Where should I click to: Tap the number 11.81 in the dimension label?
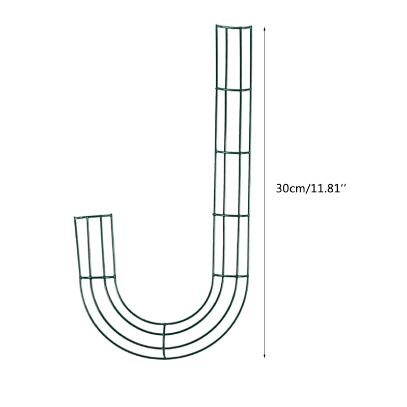[324, 188]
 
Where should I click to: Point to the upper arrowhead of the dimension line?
[265, 30]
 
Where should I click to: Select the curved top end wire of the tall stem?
[233, 25]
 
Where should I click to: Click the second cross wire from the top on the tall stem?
[234, 89]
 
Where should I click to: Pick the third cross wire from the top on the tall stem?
[231, 152]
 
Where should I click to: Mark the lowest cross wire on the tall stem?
[230, 276]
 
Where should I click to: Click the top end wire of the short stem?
[93, 217]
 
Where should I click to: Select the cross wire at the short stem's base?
[97, 278]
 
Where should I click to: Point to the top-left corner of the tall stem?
[216, 24]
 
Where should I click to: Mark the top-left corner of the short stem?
[74, 218]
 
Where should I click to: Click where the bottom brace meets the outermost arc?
[164, 357]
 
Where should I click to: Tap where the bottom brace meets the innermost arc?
[164, 324]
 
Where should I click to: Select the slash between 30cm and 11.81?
[306, 188]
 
